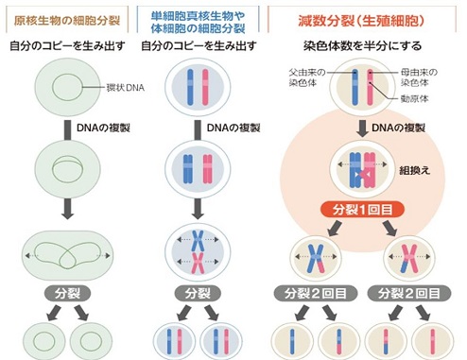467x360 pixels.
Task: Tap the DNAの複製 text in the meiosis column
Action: (x=391, y=126)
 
